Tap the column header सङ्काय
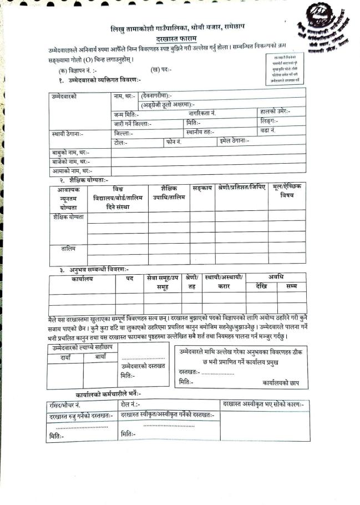point(202,189)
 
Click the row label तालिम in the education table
point(68,248)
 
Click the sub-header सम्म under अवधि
point(291,286)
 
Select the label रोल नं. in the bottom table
point(131,405)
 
